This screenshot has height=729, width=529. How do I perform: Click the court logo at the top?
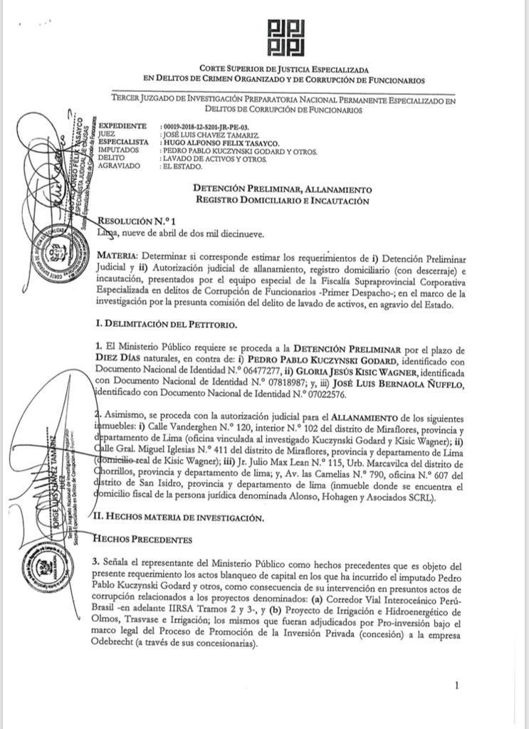click(x=286, y=38)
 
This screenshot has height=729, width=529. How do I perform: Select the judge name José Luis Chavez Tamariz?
click(x=209, y=135)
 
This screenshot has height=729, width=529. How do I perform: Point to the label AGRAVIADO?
click(x=120, y=167)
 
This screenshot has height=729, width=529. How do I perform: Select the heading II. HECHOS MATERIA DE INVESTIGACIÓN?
click(x=182, y=518)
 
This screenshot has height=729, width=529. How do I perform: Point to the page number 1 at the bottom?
click(x=456, y=686)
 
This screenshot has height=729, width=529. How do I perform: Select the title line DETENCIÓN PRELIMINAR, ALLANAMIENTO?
click(x=283, y=189)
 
